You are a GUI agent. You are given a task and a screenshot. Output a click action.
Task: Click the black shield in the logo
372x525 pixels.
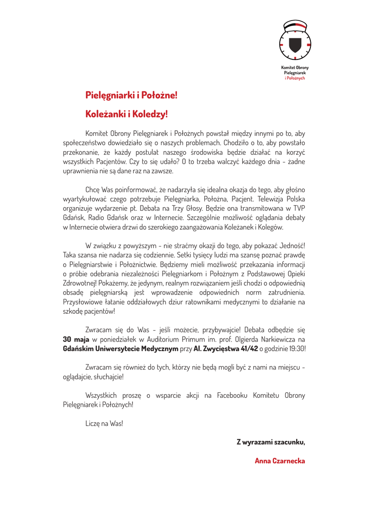click(x=295, y=45)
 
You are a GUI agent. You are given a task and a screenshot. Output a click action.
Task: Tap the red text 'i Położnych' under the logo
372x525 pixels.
click(x=295, y=78)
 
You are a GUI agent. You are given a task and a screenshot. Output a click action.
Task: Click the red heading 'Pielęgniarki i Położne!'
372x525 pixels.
click(x=131, y=95)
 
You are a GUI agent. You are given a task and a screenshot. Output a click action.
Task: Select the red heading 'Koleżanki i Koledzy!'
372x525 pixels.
click(x=126, y=114)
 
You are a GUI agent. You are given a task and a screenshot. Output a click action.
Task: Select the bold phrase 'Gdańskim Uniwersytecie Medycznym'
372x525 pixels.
click(x=120, y=348)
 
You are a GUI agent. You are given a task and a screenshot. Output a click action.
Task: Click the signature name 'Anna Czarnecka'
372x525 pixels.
click(x=280, y=460)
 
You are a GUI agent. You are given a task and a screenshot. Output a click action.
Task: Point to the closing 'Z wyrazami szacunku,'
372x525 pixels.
click(x=270, y=441)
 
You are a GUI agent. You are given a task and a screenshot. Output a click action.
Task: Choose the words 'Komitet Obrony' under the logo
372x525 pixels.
click(x=295, y=67)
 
